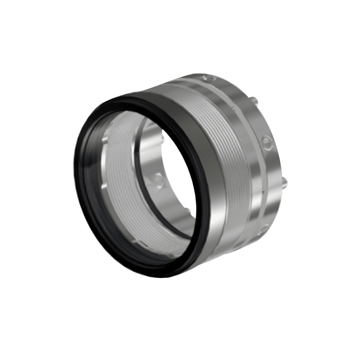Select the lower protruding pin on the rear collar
285,181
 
